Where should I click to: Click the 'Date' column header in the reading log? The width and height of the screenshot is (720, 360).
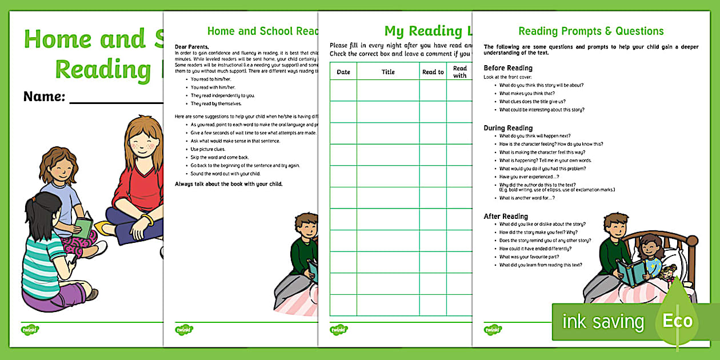tap(343, 72)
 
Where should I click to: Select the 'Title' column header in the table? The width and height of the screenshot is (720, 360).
tap(388, 72)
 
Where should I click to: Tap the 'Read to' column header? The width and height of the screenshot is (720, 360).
tap(433, 72)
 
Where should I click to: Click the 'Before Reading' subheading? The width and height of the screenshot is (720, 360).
tap(508, 68)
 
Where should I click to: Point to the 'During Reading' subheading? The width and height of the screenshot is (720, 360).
tap(508, 128)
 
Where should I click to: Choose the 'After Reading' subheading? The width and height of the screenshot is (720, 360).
tap(506, 216)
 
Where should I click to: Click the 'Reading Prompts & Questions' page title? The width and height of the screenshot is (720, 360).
tap(591, 31)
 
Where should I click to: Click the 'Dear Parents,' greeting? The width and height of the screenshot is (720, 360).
tap(192, 46)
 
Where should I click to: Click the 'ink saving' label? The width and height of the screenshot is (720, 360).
tap(603, 322)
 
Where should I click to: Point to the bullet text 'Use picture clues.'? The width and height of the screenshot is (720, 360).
tap(208, 149)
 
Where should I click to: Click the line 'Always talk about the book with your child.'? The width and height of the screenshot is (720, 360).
tap(229, 184)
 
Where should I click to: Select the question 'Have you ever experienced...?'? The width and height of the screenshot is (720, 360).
tap(529, 177)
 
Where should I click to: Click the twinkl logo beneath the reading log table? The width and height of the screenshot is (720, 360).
tap(338, 330)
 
